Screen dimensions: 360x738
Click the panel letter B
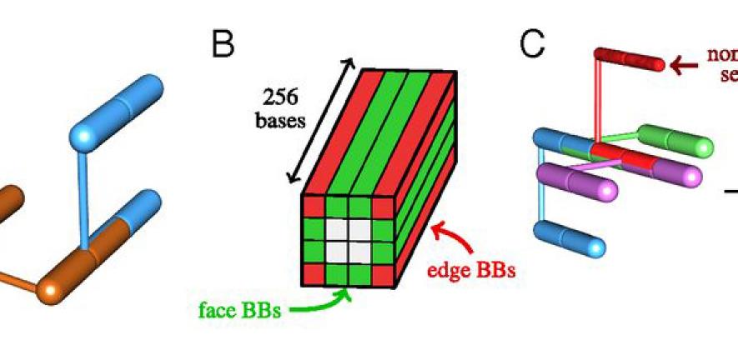(223, 43)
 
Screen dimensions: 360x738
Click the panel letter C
(532, 43)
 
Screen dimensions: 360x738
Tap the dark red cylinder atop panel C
(628, 60)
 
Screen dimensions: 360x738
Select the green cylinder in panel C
(676, 142)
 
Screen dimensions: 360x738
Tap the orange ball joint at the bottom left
(52, 291)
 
